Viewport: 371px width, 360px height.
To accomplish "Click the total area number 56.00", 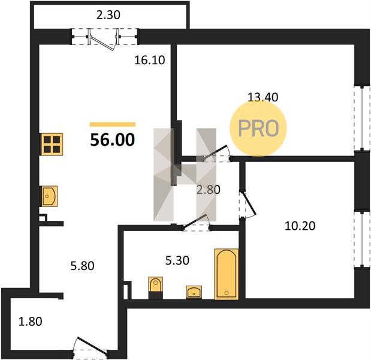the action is (x=113, y=140).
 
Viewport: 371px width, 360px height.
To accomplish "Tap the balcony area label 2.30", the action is (x=108, y=15).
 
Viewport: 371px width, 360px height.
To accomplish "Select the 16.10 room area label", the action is (x=149, y=60).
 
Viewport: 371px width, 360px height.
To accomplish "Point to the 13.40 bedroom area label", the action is (x=263, y=97).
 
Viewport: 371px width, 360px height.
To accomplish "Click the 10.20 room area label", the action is (x=300, y=226).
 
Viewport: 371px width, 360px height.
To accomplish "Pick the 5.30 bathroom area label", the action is (x=177, y=260).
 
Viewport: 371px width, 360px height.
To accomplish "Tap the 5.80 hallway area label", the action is (x=82, y=266).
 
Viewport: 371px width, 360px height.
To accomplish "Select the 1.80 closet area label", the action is (x=31, y=322).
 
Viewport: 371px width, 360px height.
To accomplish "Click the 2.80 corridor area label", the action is (x=209, y=190).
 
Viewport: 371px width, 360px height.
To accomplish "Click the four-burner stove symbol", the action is (x=52, y=144).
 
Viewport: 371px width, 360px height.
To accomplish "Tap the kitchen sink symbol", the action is (x=50, y=196).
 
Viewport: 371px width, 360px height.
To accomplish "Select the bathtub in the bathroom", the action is (x=227, y=274).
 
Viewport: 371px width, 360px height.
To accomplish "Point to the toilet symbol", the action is (x=155, y=287).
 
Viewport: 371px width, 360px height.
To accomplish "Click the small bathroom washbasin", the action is (x=194, y=292).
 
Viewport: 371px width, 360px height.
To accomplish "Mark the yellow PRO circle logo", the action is (x=258, y=128).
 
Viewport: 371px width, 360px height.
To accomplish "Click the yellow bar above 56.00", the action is (x=113, y=124).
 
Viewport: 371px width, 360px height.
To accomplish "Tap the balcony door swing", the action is (x=103, y=40).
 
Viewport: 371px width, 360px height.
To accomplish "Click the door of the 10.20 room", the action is (x=247, y=204).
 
